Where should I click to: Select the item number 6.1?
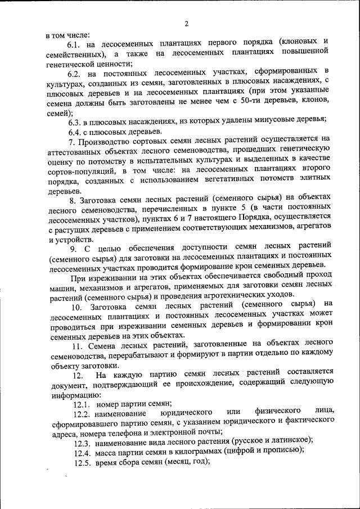75,44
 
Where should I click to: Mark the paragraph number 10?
76,307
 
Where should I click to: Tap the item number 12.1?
82,404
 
